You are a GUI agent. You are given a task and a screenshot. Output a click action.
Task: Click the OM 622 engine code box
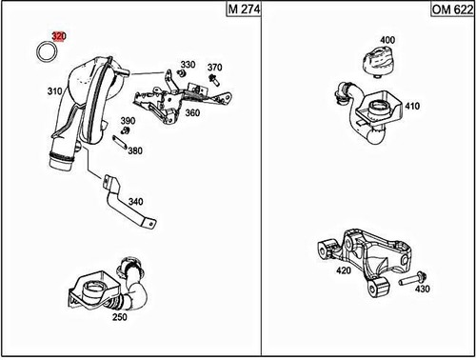(x=452, y=10)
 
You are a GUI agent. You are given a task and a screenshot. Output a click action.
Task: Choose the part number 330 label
(x=188, y=65)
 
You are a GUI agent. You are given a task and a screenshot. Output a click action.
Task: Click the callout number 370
(x=215, y=68)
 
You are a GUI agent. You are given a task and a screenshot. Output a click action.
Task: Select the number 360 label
(x=192, y=112)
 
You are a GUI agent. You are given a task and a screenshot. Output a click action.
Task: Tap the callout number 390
(x=128, y=121)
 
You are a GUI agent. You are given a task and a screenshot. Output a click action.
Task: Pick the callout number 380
(x=135, y=150)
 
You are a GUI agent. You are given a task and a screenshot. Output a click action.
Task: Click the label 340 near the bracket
(x=135, y=201)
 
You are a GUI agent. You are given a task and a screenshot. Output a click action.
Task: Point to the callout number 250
(x=119, y=316)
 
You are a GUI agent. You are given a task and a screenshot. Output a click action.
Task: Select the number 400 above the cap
(x=387, y=40)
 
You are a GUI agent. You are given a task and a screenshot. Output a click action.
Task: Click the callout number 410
(x=411, y=106)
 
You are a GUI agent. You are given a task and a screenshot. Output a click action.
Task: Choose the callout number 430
(x=423, y=289)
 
